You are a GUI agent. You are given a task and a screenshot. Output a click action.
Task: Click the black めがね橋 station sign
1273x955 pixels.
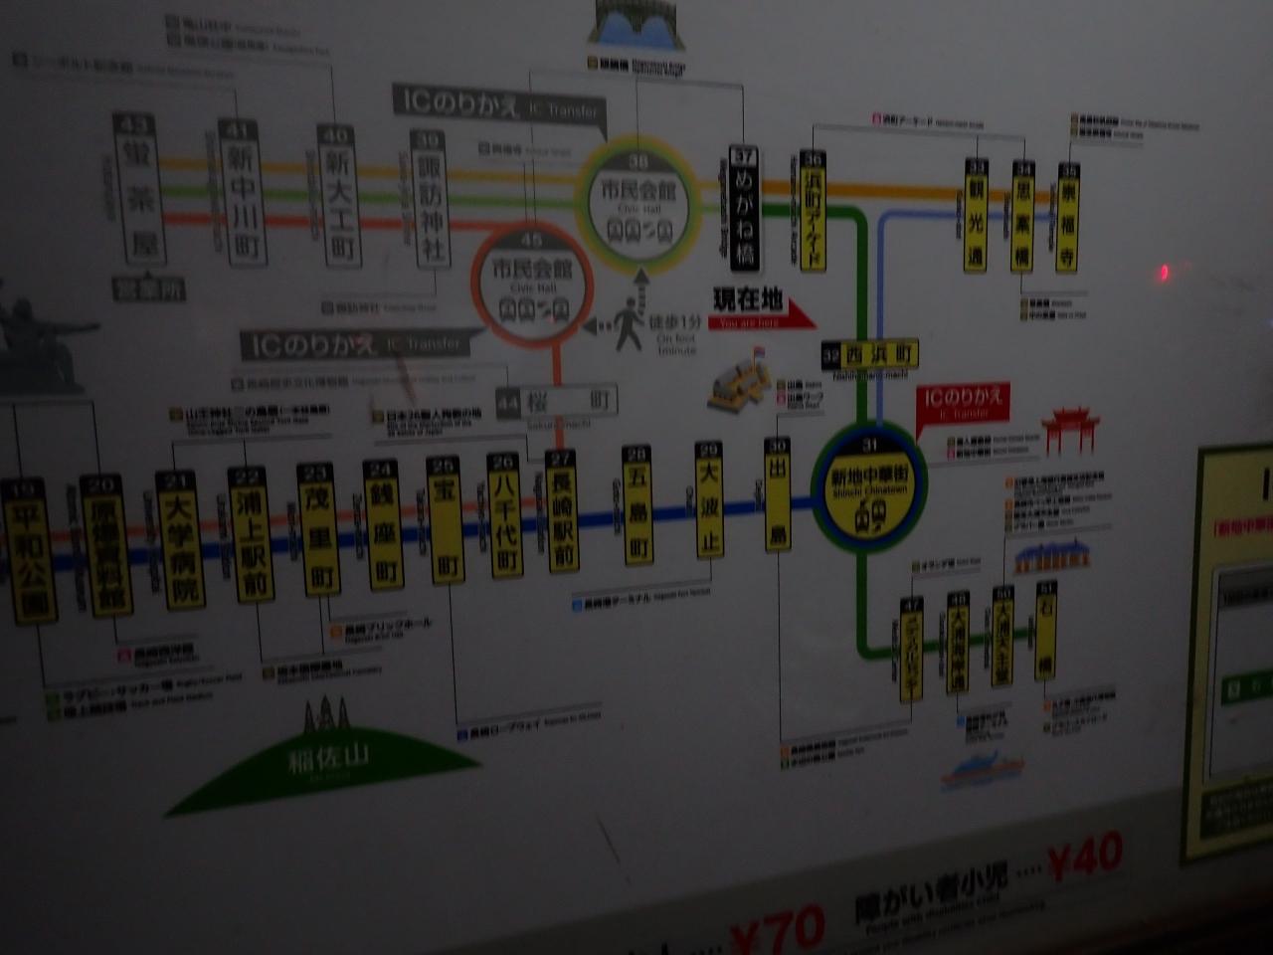click(x=744, y=208)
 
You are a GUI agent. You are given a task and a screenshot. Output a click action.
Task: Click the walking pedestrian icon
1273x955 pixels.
click(x=630, y=324)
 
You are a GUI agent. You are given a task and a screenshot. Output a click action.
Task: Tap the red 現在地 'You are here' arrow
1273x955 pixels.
click(x=762, y=308)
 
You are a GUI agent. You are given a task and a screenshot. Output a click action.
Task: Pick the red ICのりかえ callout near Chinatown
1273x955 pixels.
click(x=963, y=402)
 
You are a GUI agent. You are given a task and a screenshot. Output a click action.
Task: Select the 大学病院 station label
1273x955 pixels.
click(x=180, y=543)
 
